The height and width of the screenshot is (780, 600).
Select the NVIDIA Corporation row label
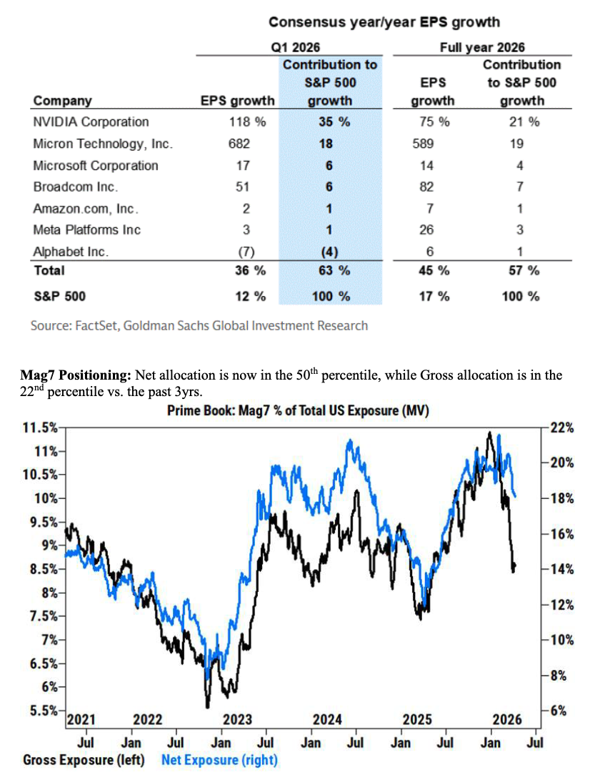(91, 122)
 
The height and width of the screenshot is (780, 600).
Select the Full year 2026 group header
(482, 48)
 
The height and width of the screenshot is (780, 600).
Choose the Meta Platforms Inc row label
(86, 229)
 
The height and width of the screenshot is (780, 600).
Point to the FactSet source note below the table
(199, 326)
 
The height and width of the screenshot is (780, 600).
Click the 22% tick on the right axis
(562, 428)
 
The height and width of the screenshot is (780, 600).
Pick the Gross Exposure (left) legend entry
(83, 759)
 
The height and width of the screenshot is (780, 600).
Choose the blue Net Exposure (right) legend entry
(219, 759)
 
